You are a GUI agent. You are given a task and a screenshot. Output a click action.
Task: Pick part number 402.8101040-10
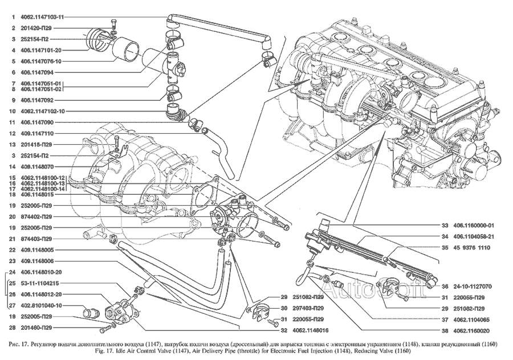click(43, 305)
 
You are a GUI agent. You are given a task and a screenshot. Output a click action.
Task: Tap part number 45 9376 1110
click(471, 248)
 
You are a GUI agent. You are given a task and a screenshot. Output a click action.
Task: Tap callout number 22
click(13, 249)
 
